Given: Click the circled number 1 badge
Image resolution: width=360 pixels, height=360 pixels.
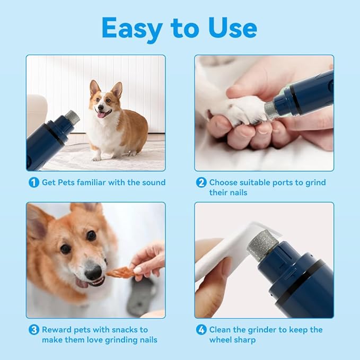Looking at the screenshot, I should pos(34,182).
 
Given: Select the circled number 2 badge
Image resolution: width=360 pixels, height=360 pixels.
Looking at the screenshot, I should pos(201,182).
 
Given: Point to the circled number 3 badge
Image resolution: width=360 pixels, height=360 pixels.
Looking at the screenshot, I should pos(34,330).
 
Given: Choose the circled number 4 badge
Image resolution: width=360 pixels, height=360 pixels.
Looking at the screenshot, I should pos(201,330).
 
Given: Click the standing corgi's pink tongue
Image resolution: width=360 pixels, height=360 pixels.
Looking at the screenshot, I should pos(100,113).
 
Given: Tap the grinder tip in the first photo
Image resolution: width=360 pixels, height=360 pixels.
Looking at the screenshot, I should pos(72,117).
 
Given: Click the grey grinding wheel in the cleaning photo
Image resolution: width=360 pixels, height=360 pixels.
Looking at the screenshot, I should pos(263,245).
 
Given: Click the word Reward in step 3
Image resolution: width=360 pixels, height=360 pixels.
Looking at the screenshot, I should pos(57,330).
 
